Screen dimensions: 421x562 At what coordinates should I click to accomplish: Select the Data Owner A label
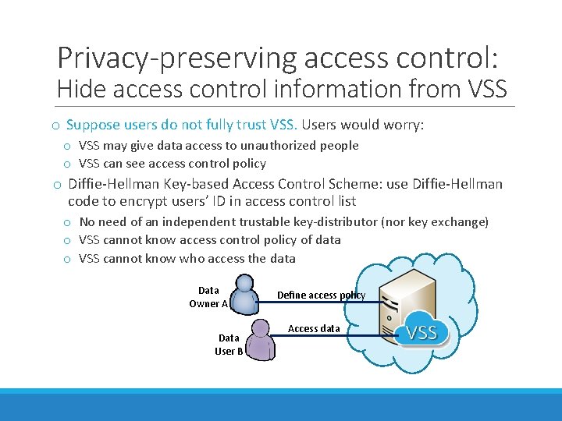pos(208,297)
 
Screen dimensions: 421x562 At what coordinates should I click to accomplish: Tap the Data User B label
pos(229,344)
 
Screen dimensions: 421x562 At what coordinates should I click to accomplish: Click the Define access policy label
pos(321,295)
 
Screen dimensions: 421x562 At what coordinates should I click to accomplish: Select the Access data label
pos(314,328)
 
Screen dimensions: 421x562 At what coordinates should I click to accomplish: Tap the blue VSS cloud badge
pos(421,333)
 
